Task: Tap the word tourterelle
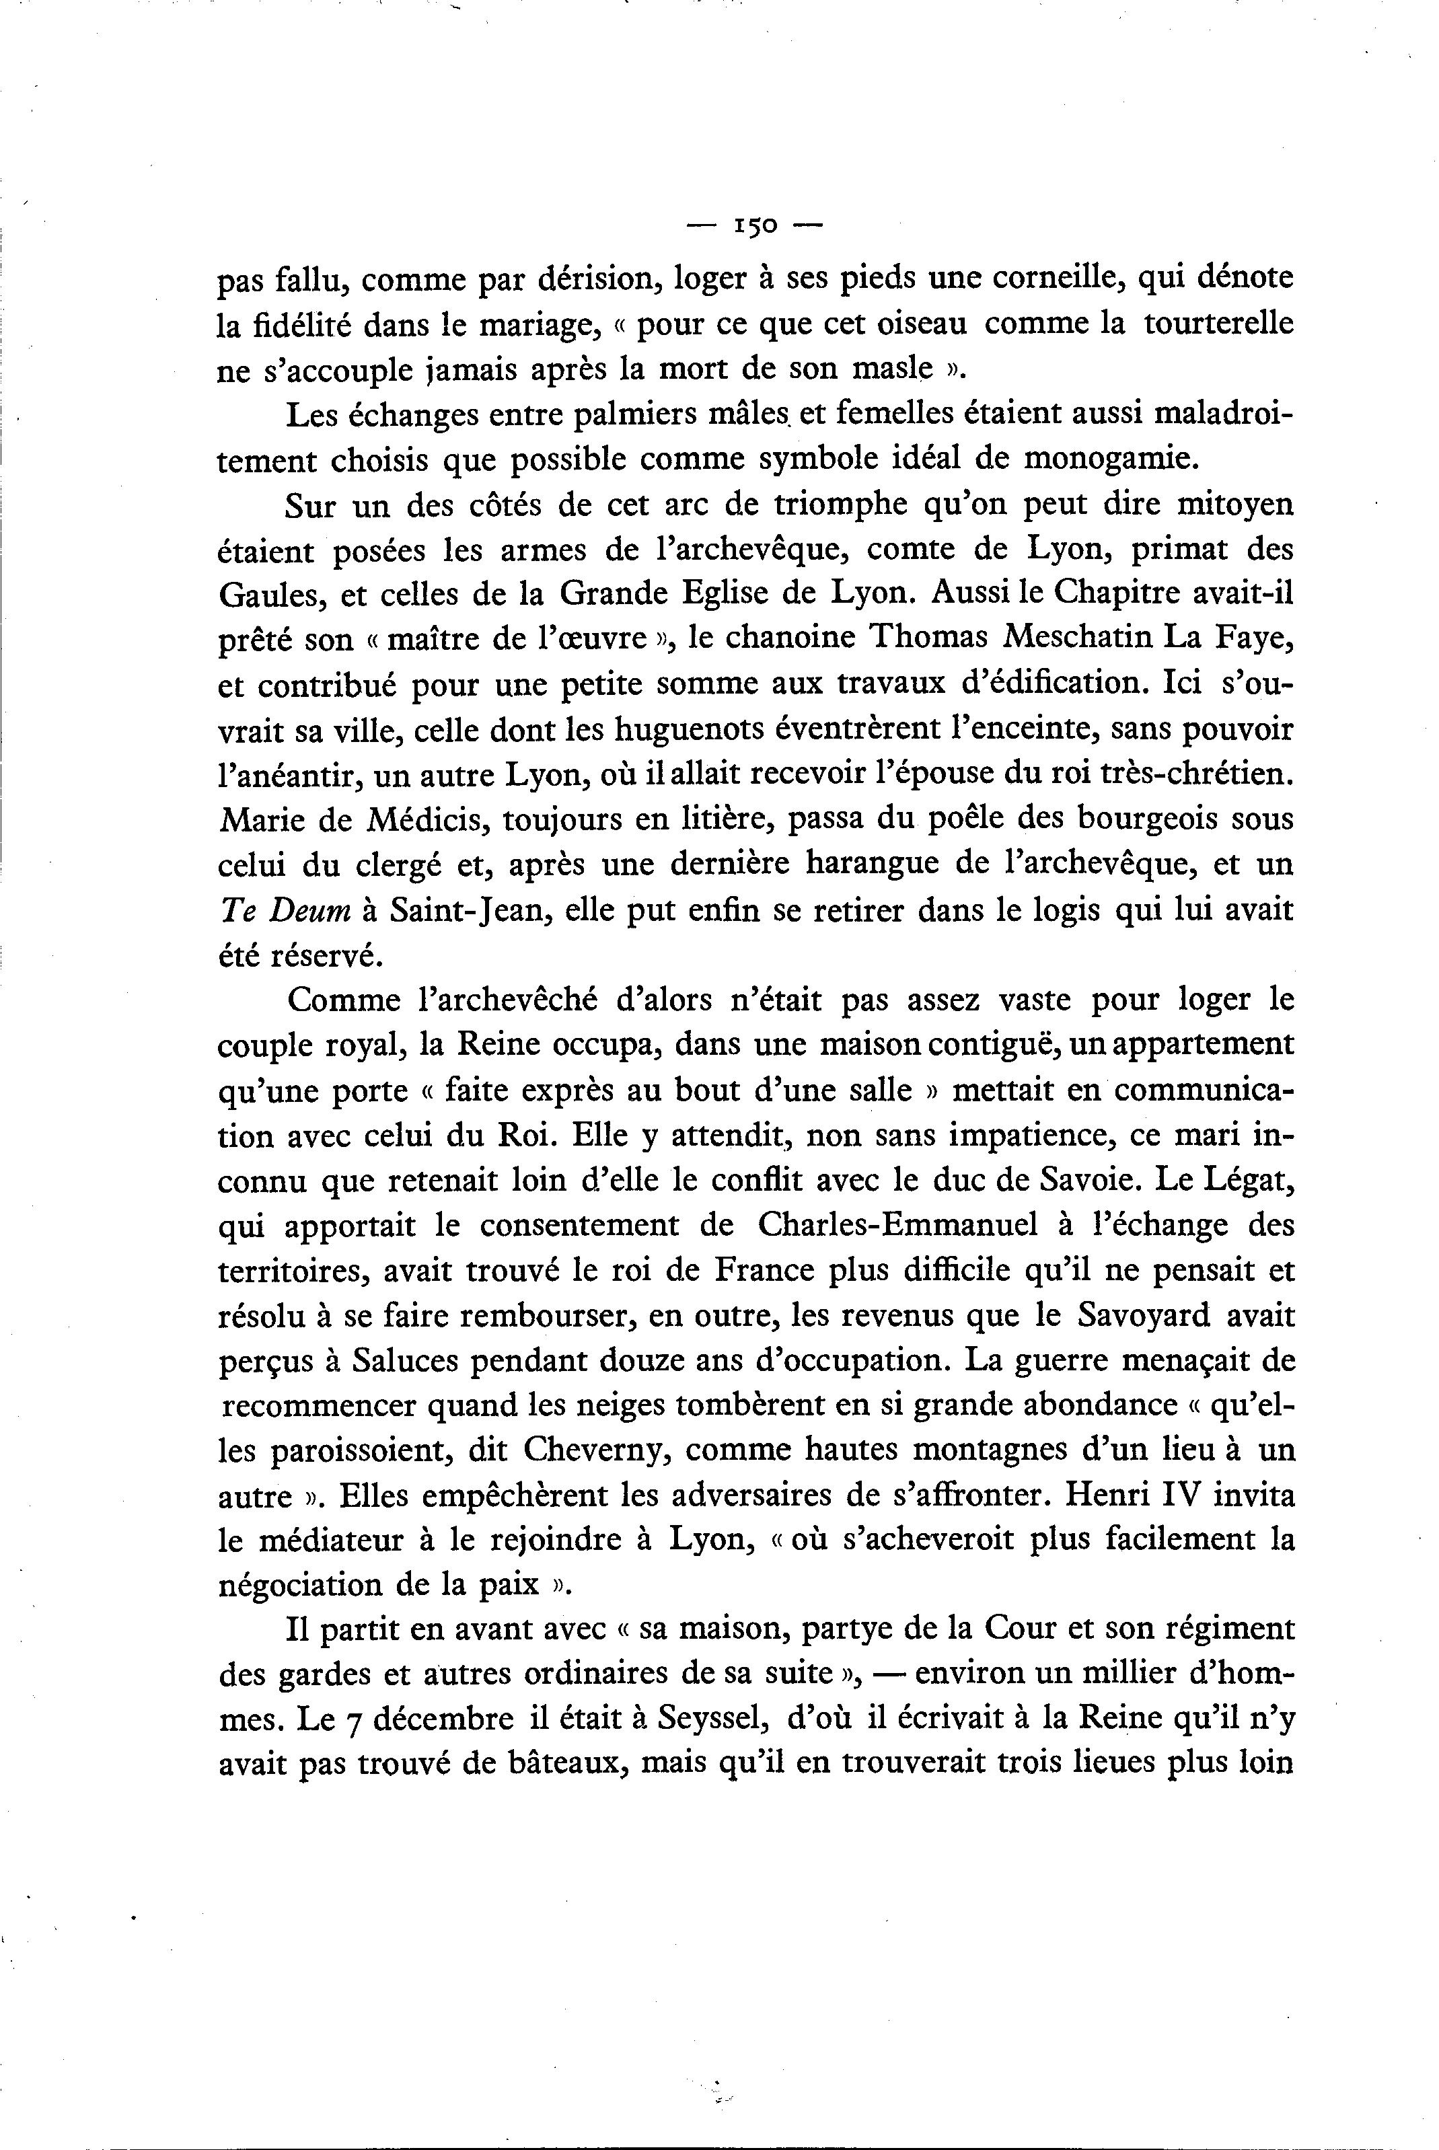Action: (x=1219, y=325)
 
